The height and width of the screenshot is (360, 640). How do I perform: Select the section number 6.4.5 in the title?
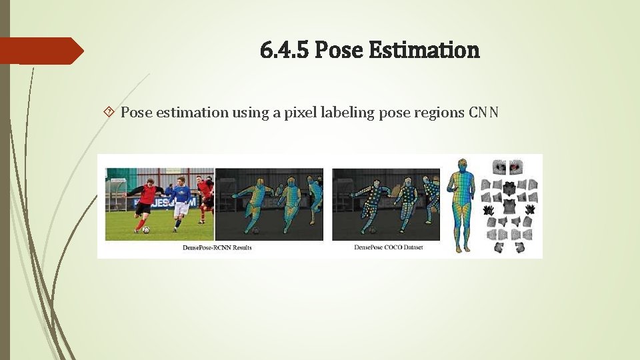[x=285, y=50]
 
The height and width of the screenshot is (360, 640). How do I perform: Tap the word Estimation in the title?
[x=423, y=50]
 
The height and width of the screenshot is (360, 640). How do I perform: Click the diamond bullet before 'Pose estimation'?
[x=109, y=112]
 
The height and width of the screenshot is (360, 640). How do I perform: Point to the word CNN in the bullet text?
[x=483, y=112]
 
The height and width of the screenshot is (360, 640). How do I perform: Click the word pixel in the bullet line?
[x=300, y=112]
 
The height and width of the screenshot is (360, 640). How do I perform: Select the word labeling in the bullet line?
[x=347, y=112]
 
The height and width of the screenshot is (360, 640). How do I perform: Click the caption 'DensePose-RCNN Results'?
[x=217, y=248]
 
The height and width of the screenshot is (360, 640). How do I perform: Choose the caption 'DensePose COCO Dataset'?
[x=388, y=248]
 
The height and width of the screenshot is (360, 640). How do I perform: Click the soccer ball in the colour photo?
[x=145, y=230]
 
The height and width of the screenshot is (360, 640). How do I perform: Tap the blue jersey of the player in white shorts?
[x=181, y=194]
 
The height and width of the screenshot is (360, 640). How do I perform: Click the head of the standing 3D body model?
[x=461, y=164]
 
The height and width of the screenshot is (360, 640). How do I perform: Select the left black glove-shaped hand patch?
[x=489, y=209]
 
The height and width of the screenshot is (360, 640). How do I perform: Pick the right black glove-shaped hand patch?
[x=530, y=209]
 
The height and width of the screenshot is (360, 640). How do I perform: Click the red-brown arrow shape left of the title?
[x=40, y=51]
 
